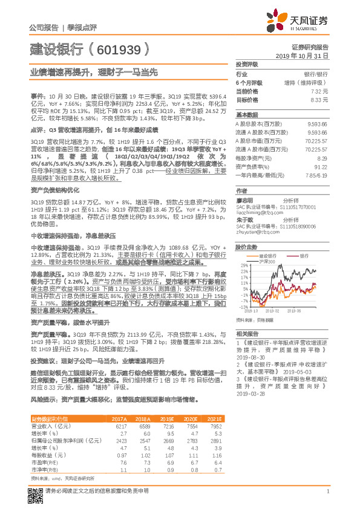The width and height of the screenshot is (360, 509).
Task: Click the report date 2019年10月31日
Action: point(306,55)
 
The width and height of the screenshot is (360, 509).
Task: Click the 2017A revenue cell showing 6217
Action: point(119,426)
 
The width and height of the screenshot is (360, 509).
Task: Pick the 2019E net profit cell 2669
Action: point(168,441)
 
